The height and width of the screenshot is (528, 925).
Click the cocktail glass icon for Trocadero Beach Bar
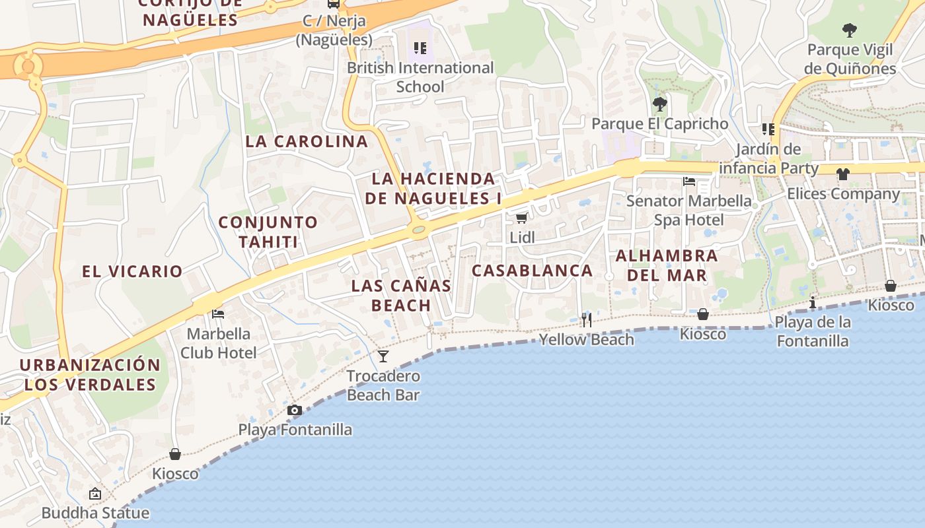point(383,356)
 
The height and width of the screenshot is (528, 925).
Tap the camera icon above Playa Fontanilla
point(295,411)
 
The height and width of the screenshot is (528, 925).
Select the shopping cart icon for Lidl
point(521,218)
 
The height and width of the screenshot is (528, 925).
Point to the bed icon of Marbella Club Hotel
point(218,314)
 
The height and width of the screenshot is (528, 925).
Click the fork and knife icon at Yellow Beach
point(587,320)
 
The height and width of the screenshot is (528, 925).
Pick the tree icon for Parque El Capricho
point(659,104)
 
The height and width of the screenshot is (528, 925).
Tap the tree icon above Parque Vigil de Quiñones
point(850,30)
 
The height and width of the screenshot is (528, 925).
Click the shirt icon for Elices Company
point(843,174)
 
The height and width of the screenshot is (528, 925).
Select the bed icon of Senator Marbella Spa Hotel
point(689,181)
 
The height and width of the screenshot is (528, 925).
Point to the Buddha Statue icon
point(95,494)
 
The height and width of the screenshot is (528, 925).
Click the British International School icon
point(420,48)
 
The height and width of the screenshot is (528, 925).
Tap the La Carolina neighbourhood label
point(307,141)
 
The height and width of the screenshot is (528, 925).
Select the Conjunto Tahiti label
point(268,232)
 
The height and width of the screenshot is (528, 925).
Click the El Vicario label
point(132,271)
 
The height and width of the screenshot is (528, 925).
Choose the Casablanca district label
point(532,271)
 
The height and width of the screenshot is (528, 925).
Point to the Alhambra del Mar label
point(667,265)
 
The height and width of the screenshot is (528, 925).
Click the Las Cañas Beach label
point(401,295)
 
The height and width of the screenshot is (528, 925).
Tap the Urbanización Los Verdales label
point(90,374)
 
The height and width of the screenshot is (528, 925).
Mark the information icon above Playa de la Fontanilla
point(813,302)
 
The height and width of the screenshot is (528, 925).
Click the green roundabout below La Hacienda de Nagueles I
point(418,230)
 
